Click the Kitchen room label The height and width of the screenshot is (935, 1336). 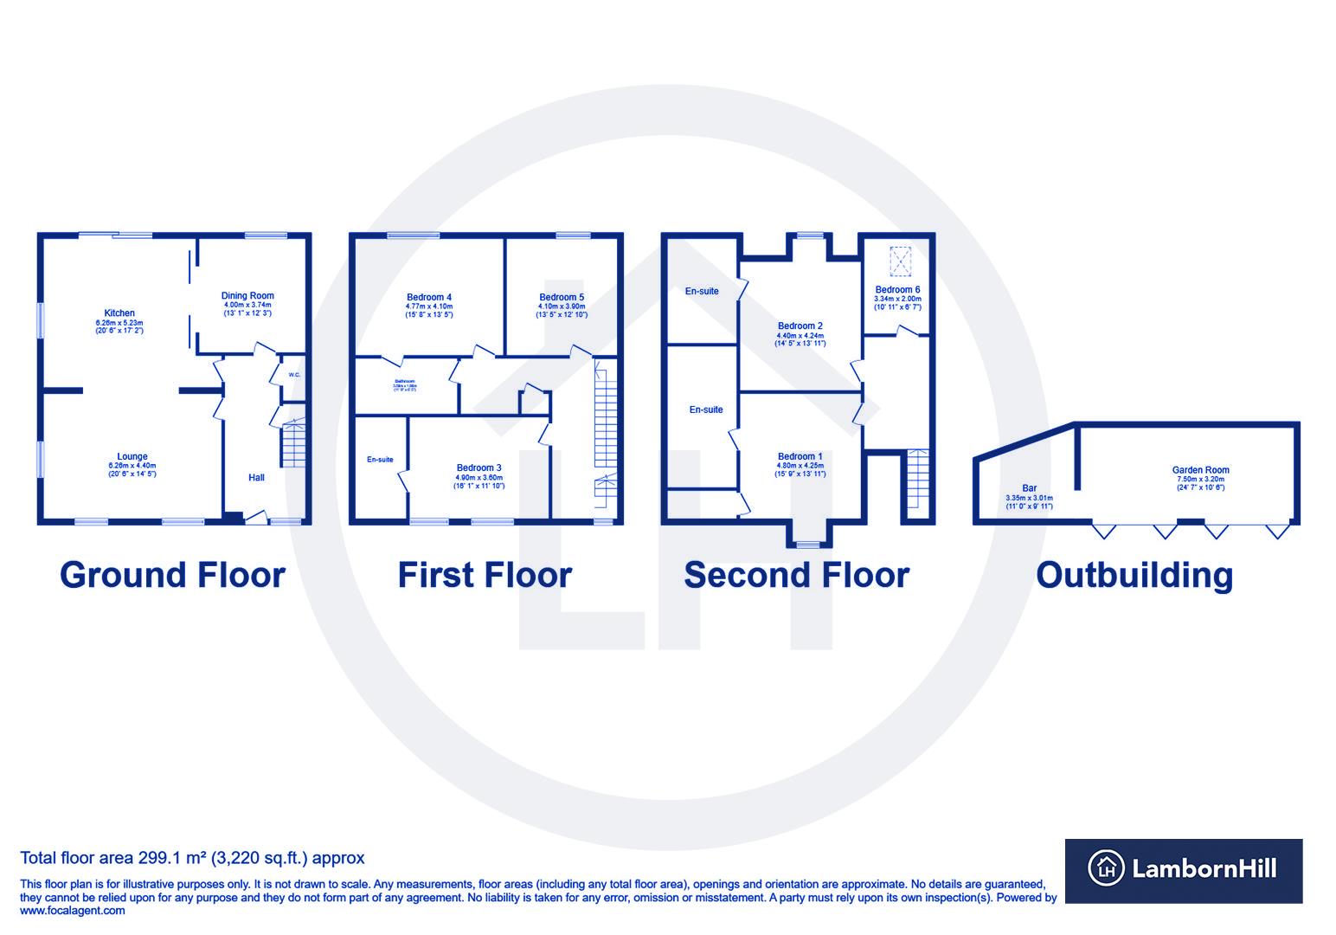(119, 313)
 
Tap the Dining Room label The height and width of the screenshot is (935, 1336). (247, 295)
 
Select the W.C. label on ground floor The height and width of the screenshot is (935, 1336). (294, 375)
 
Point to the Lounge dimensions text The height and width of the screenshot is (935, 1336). (132, 470)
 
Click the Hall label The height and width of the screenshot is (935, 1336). (256, 477)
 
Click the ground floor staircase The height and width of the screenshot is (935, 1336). (293, 444)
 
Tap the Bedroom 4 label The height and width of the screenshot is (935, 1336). (429, 297)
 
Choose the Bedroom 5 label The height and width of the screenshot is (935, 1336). (562, 297)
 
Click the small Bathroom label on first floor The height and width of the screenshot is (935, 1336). (405, 381)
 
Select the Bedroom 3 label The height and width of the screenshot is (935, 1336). (479, 467)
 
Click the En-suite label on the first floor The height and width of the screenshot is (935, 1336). (380, 460)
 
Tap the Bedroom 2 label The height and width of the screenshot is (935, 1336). (800, 326)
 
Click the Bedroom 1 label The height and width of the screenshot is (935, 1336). (800, 456)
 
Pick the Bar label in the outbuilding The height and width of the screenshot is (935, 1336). (1029, 488)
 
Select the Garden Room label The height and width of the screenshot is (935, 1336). (1200, 470)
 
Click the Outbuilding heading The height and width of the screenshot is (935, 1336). (1134, 575)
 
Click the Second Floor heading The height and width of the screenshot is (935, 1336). (796, 575)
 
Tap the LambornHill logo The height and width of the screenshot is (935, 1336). (1183, 869)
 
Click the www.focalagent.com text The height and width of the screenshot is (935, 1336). (73, 911)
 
